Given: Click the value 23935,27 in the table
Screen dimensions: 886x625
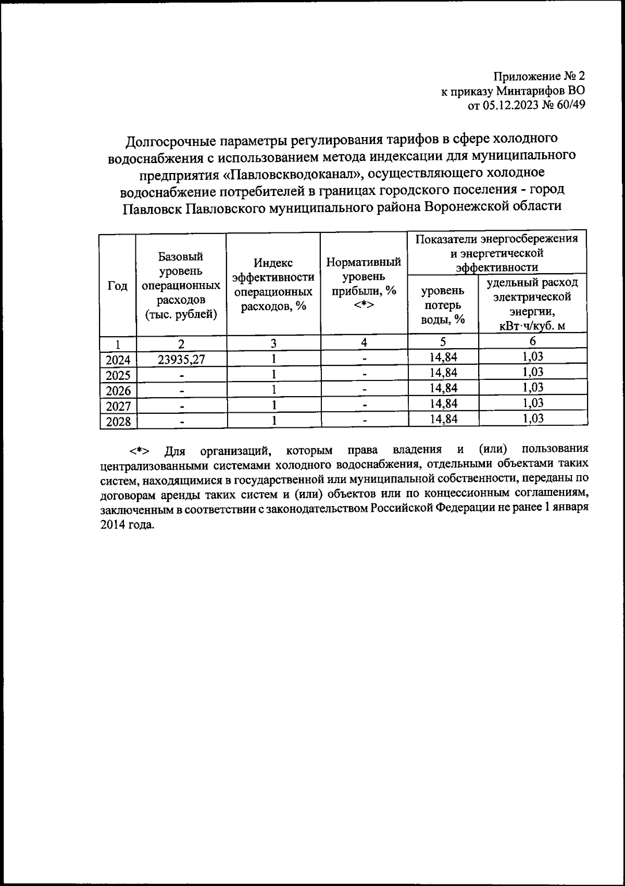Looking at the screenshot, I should click(x=181, y=359).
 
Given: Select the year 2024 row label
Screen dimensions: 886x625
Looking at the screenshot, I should click(x=118, y=360).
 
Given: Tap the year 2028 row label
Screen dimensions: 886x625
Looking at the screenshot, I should click(x=118, y=422).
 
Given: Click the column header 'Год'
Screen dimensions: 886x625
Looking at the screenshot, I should click(x=118, y=286).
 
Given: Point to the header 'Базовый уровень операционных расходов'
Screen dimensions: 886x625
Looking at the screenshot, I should click(x=181, y=286).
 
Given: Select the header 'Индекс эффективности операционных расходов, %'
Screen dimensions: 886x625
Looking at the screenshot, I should click(x=273, y=286).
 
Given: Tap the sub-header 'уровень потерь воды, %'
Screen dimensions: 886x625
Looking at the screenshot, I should click(x=443, y=304).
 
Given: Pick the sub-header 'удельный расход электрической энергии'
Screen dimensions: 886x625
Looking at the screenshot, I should click(x=532, y=304).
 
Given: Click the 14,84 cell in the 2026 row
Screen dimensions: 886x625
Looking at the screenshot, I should click(x=443, y=388).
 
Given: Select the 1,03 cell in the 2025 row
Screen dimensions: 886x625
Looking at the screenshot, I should click(x=532, y=372).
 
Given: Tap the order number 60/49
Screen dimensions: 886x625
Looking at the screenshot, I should click(x=570, y=105).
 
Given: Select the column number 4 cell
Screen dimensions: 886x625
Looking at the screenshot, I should click(x=364, y=342).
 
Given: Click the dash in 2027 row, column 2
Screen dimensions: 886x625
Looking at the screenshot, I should click(x=181, y=406).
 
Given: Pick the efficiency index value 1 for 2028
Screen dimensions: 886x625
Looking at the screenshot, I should click(x=273, y=421).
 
